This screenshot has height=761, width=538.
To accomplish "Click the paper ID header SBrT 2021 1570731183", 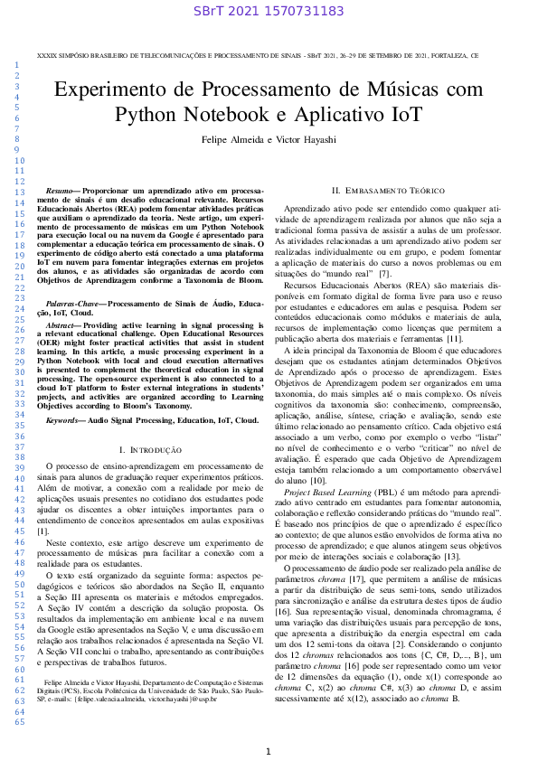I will [269, 11].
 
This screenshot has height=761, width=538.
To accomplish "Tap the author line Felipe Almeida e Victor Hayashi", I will [269, 140].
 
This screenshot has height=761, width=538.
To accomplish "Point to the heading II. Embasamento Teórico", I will [388, 191].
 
